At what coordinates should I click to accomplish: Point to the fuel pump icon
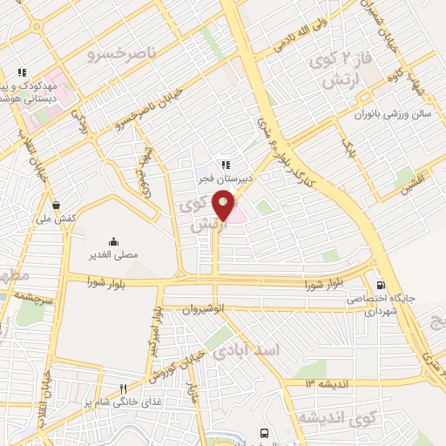coord(381,285)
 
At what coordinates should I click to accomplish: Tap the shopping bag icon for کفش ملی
coord(56,205)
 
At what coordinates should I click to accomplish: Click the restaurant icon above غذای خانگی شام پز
coord(124,389)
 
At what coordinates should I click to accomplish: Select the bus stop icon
coord(263,432)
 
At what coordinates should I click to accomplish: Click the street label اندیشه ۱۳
coord(325,383)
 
